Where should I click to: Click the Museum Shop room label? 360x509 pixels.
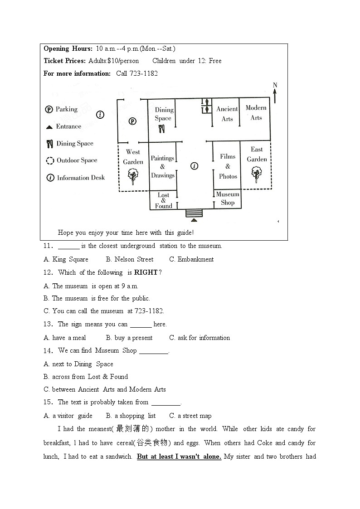click(228, 199)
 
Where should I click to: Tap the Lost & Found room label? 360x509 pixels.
click(164, 200)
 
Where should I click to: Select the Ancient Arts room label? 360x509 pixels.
click(227, 114)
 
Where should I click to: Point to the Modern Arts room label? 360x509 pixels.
click(256, 112)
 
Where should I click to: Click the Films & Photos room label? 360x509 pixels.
click(228, 166)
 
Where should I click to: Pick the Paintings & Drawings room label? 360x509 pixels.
click(162, 166)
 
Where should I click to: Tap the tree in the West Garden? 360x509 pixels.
click(133, 175)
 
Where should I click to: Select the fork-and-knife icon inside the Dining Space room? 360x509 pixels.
click(162, 129)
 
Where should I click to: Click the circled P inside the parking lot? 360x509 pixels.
click(132, 121)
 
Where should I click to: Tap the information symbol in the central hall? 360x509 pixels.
click(194, 166)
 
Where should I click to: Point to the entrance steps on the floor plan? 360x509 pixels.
click(194, 213)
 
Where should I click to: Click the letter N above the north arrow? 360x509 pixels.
click(275, 85)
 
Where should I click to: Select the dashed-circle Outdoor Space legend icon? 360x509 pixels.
click(50, 160)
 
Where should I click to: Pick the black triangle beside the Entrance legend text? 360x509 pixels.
click(49, 127)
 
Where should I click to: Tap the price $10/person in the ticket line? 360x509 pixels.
click(123, 61)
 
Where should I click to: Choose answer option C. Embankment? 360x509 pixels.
click(191, 259)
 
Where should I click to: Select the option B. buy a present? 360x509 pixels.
click(129, 338)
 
